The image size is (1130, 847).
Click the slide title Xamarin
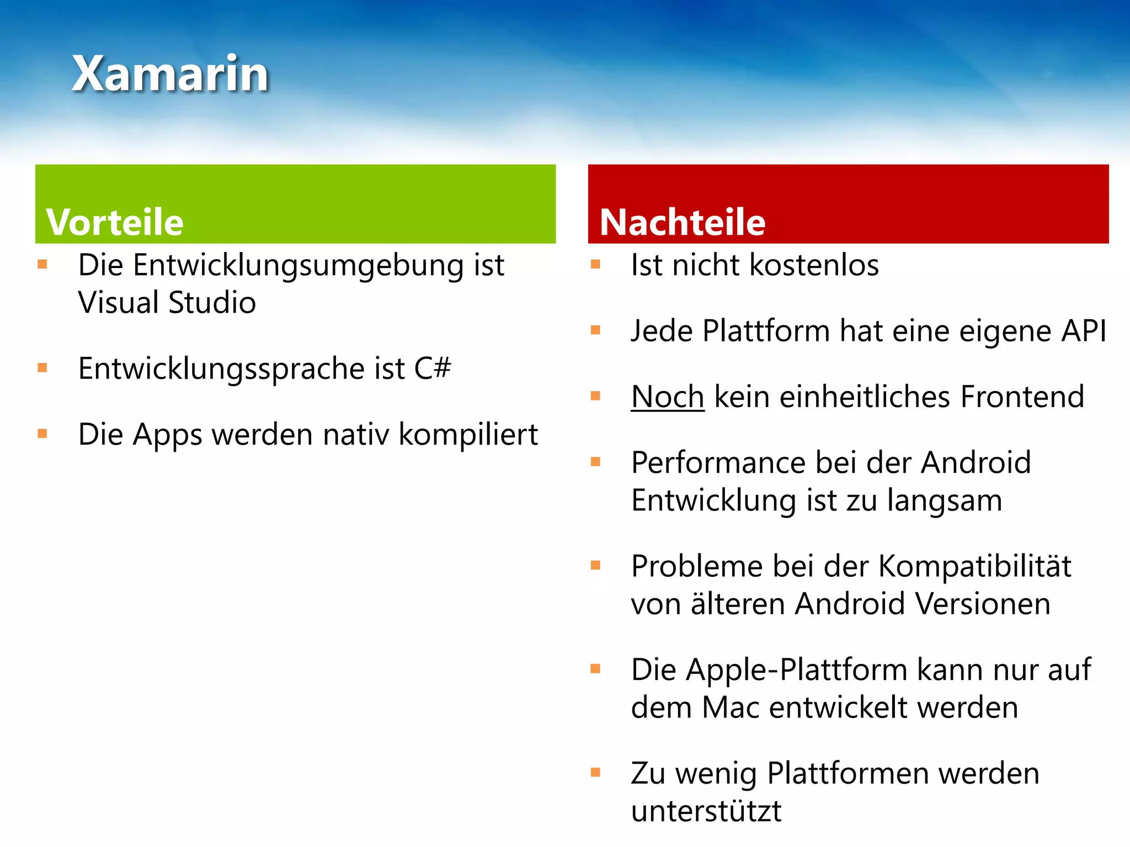170,74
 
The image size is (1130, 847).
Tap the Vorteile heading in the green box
115,222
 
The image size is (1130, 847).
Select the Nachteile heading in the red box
683,222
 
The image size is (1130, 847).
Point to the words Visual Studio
167,303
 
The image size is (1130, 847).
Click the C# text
432,368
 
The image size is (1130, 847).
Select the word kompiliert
468,435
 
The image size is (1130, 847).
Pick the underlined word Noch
668,397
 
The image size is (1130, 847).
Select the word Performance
718,462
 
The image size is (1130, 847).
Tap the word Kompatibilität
974,566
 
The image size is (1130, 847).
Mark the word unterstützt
706,811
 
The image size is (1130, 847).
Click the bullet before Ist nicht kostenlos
595,264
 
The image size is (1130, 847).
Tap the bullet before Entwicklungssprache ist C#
42,368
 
